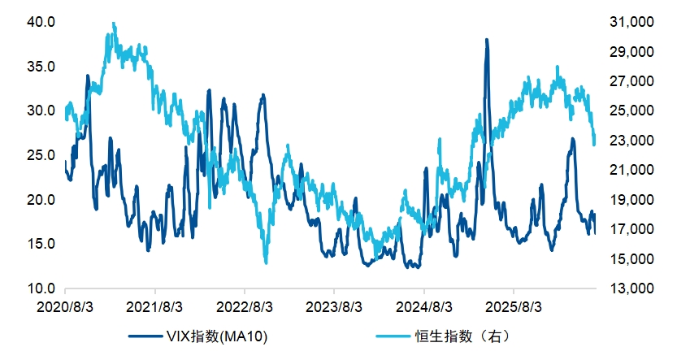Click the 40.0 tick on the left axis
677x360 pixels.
coord(41,22)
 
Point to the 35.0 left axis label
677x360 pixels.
coord(41,67)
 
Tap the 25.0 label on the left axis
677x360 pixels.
coord(41,155)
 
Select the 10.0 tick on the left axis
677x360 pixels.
coord(41,288)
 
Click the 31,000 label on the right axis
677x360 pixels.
coord(631,22)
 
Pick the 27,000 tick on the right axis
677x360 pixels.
coord(631,80)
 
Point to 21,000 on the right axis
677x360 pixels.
coord(631,170)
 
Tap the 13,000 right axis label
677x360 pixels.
coord(631,288)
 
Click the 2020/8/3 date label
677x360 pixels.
coord(65,307)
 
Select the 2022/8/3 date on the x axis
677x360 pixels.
coord(245,307)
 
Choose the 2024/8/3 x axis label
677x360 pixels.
coord(424,307)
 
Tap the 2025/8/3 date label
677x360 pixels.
coord(514,307)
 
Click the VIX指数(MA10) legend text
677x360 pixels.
coord(217,336)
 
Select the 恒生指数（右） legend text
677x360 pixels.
coord(462,336)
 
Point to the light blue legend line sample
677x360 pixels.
coord(393,336)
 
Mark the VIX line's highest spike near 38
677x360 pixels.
coord(487,40)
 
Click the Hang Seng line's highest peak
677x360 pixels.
coord(114,24)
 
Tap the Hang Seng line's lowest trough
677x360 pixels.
coord(266,262)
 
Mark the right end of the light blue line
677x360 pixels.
coord(595,144)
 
